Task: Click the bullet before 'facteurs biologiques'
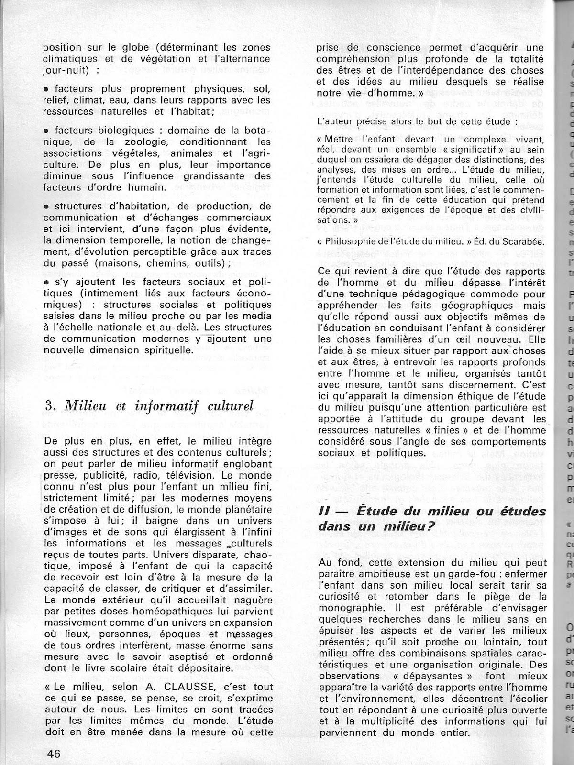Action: click(x=46, y=131)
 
